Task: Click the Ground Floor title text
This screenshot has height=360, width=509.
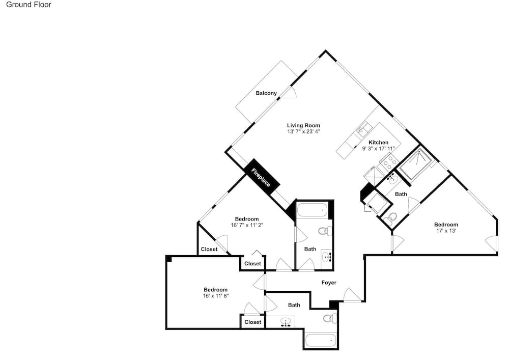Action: point(29,5)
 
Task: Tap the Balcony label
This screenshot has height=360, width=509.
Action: point(266,93)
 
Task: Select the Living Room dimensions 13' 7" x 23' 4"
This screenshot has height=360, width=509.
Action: point(303,131)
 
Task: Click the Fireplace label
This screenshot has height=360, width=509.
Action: point(261,177)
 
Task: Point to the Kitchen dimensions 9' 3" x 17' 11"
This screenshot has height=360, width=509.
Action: point(379,149)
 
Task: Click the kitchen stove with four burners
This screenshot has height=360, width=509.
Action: point(388,161)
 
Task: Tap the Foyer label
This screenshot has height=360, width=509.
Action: point(329,283)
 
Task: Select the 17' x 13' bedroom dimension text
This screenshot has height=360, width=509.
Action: point(446,231)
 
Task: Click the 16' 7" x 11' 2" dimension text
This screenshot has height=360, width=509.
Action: point(247,225)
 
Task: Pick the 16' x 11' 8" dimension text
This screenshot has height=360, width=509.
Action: point(216,296)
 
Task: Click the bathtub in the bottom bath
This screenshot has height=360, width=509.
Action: point(320,341)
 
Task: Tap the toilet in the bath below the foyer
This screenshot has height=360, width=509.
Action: point(329,318)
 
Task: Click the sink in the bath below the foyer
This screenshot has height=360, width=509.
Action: point(286,322)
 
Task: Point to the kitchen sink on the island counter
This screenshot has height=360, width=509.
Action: point(362,128)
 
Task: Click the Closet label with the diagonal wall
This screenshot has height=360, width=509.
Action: point(209,250)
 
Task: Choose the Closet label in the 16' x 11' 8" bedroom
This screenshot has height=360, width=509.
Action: point(252,322)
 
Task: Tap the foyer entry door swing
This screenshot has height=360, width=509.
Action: point(353,295)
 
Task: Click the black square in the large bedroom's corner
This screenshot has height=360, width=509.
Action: point(169,259)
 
